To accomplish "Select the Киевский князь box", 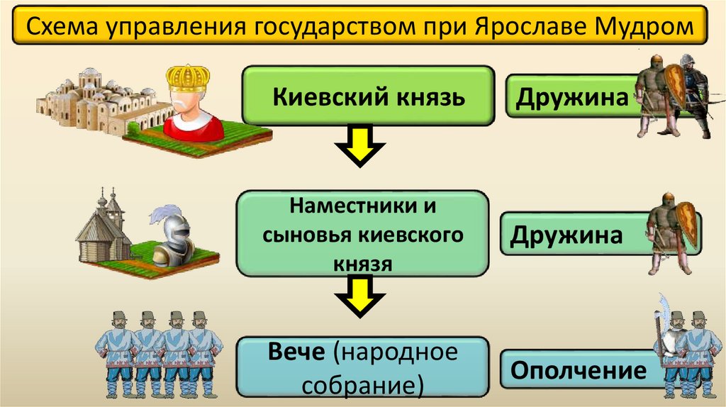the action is click(x=368, y=96).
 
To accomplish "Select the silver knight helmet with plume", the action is click(x=173, y=231).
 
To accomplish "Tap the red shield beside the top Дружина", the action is click(x=674, y=86).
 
